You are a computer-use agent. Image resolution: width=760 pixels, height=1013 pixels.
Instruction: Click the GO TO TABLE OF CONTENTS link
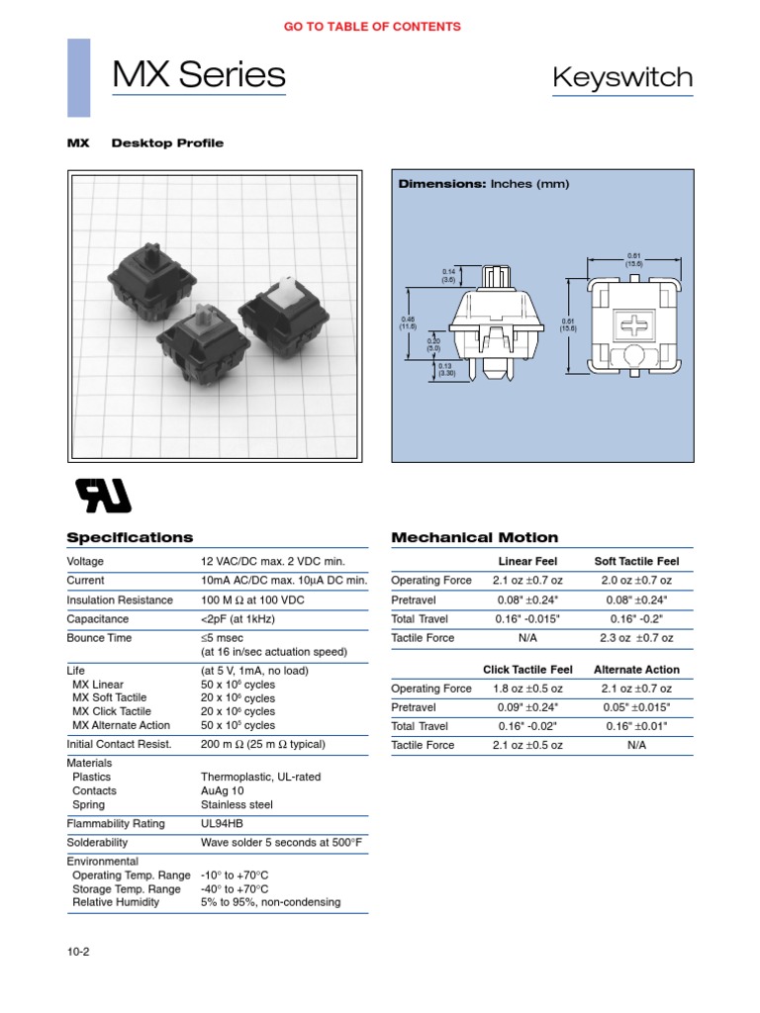[372, 27]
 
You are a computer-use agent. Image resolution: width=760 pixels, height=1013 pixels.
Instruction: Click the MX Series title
[199, 75]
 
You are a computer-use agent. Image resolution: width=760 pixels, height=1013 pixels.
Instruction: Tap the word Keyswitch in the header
[622, 77]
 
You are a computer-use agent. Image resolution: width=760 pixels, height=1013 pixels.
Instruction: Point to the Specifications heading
[130, 537]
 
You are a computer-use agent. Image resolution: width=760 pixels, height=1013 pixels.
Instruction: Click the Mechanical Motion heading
[475, 537]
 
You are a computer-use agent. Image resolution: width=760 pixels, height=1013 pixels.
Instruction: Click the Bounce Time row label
[99, 638]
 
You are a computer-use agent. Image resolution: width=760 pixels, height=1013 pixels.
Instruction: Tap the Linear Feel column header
[526, 561]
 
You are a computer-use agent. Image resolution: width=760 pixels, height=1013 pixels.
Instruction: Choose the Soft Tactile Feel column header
[636, 561]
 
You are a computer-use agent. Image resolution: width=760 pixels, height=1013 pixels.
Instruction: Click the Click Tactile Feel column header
[526, 670]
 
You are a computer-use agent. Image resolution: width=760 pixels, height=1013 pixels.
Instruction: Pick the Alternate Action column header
[636, 670]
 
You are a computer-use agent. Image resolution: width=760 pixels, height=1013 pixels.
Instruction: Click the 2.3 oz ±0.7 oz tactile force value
[636, 638]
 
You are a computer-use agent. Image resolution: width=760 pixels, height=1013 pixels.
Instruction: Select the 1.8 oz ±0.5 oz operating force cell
[526, 689]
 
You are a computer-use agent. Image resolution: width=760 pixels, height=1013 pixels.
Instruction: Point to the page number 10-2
[79, 952]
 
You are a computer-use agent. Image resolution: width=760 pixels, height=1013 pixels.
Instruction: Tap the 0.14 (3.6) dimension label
[448, 275]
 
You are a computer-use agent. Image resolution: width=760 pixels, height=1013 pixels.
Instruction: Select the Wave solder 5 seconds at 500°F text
[281, 842]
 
